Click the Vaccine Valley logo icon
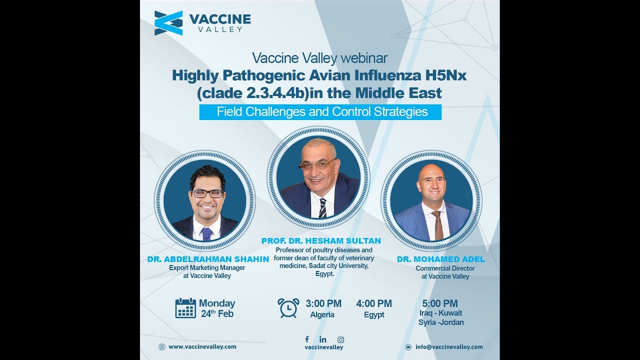point(168,23)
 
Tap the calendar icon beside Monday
point(185,308)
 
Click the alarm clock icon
point(288,307)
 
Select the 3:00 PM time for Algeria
point(323,303)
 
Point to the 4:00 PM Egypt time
point(374,303)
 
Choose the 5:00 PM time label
point(440,303)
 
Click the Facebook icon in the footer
point(306,339)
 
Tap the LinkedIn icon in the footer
point(323,339)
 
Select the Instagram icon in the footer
point(340,339)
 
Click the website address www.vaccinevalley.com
point(202,346)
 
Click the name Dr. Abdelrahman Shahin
point(208,259)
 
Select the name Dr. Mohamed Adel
point(441,259)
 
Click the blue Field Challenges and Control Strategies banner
point(320,112)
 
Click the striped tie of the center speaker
point(322,208)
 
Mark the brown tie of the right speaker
point(438,225)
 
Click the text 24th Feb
point(217,314)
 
